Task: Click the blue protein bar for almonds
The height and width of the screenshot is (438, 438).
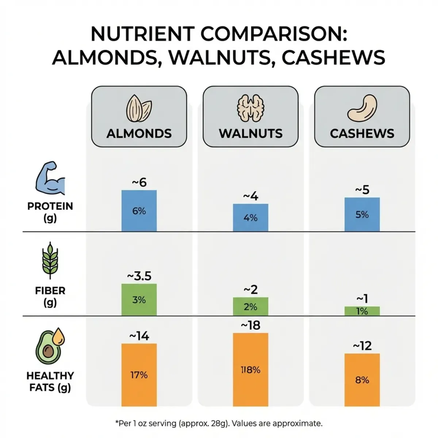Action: (139, 211)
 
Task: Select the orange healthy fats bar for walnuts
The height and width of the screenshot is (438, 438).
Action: (250, 369)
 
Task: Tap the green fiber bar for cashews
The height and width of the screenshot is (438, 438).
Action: (362, 311)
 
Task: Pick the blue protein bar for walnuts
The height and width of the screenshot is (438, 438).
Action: (250, 218)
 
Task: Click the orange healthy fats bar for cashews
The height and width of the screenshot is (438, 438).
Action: (362, 380)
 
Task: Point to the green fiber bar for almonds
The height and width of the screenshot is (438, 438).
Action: (139, 300)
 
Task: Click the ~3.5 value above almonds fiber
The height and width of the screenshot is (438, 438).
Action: (139, 276)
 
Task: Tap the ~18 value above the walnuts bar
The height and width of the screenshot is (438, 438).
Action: (250, 325)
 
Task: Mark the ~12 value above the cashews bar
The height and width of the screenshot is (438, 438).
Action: (362, 345)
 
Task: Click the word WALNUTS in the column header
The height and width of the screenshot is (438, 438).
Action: (250, 133)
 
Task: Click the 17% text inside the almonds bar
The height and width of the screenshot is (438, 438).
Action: (139, 375)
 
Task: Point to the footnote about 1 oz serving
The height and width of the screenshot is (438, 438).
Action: (219, 423)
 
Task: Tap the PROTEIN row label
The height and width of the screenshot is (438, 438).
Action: (50, 206)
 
